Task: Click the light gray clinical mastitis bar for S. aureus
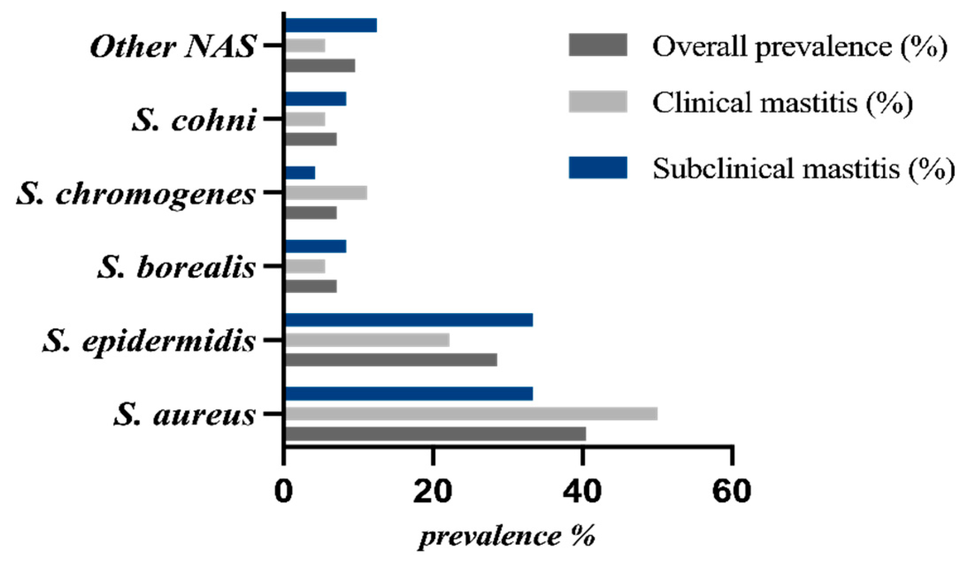(471, 414)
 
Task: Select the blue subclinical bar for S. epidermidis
(409, 319)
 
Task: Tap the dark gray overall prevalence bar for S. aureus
(436, 434)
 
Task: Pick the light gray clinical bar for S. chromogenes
(326, 193)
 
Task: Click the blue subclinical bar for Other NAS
(331, 25)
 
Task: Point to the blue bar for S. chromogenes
(300, 173)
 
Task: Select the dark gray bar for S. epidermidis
(391, 360)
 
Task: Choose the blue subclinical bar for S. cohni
(316, 99)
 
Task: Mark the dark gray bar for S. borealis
(311, 286)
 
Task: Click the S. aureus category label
(184, 415)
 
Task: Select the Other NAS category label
(173, 46)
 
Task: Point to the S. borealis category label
(176, 267)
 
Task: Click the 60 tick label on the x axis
(731, 491)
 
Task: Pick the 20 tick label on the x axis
(433, 491)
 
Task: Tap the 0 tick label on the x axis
(283, 491)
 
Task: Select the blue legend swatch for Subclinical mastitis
(598, 167)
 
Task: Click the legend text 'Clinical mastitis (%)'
(782, 103)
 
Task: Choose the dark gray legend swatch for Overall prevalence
(598, 45)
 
